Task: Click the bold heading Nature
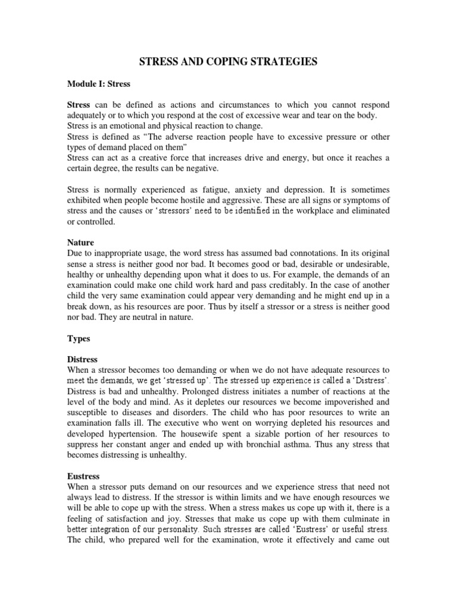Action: point(80,243)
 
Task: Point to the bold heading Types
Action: point(78,338)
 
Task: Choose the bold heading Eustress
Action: point(83,476)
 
